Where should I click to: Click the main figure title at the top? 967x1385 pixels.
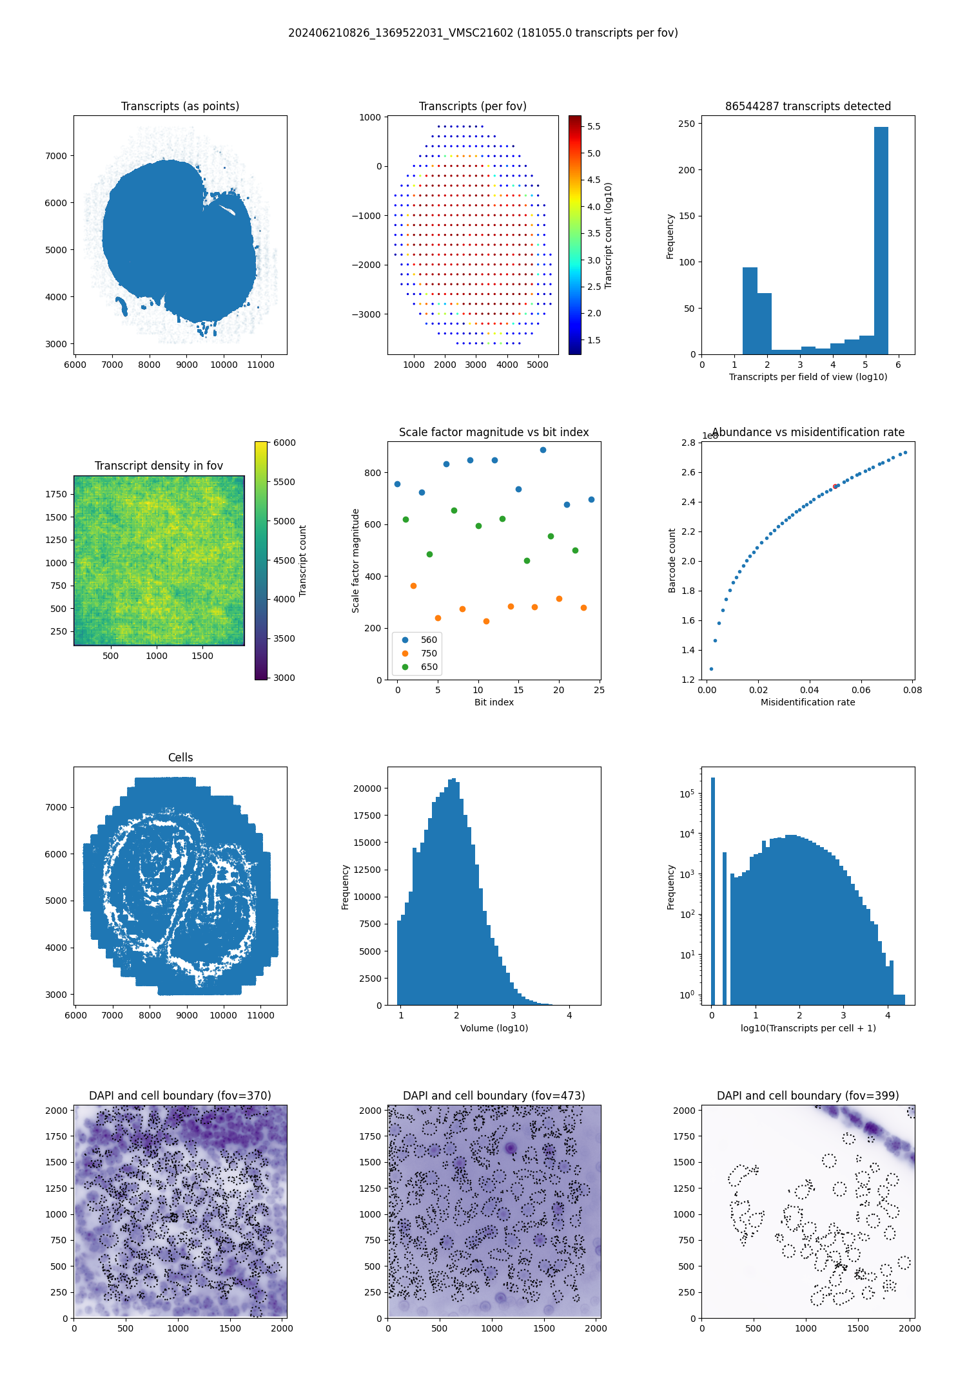(483, 33)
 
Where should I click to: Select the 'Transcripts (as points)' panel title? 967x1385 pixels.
(180, 106)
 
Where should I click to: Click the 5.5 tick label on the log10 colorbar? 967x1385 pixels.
(594, 126)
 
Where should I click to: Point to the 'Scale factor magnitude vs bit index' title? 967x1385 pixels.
(494, 432)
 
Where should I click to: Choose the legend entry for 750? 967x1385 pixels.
(429, 653)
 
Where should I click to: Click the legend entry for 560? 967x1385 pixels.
(429, 640)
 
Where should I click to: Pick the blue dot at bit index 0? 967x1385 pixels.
(397, 484)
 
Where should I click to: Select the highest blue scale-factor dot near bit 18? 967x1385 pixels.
(543, 450)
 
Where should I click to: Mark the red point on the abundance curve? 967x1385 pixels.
(835, 486)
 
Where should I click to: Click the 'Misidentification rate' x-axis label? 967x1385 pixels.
(808, 702)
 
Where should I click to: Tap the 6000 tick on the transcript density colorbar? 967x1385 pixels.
(284, 443)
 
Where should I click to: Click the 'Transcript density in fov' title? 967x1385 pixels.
(159, 466)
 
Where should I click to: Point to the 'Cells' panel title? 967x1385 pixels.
(181, 758)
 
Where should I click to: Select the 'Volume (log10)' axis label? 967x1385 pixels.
(494, 1028)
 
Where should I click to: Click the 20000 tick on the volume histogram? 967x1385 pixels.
(368, 788)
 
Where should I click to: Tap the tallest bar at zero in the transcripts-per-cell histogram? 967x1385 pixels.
(712, 889)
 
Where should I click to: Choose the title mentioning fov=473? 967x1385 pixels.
(494, 1096)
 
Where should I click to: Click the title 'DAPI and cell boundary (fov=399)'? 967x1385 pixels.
(808, 1096)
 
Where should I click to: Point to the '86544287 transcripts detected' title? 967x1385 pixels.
(808, 106)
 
